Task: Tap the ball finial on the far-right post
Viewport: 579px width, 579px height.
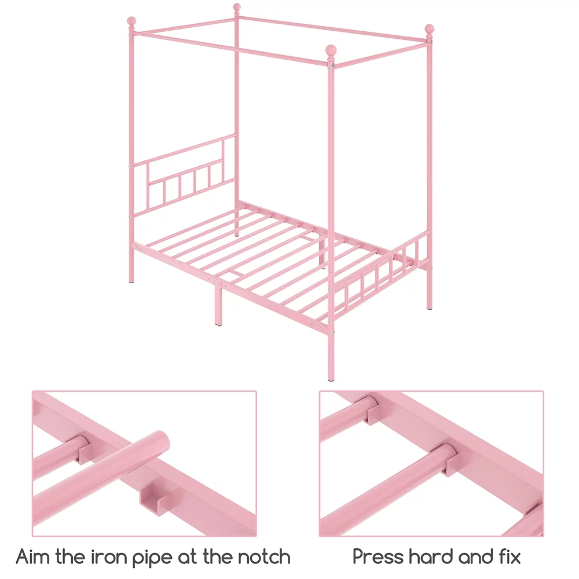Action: pos(429,30)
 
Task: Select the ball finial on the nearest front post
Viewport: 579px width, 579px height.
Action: pos(331,50)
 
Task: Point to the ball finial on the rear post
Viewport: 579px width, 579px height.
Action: pos(236,8)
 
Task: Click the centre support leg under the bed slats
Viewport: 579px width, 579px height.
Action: pos(218,307)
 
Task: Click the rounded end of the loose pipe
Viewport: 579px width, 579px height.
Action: pos(160,439)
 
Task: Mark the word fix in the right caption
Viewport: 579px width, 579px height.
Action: pos(508,557)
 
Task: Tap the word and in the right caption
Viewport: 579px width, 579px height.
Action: pos(472,557)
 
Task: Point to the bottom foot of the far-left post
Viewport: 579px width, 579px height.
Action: pos(131,280)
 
